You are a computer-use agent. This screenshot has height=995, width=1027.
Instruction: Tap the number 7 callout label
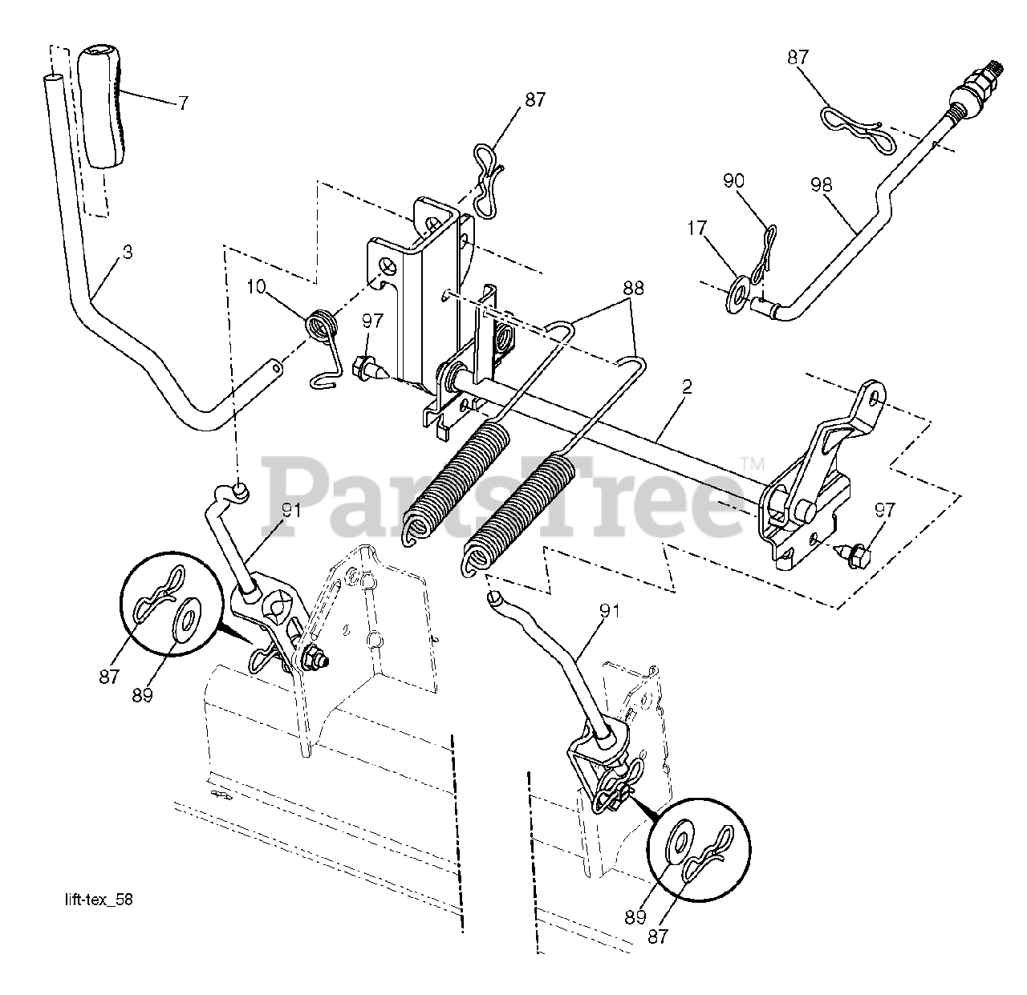tap(183, 103)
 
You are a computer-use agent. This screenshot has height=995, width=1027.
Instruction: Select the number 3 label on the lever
tap(127, 252)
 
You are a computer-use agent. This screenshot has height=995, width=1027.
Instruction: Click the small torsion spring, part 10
tap(323, 329)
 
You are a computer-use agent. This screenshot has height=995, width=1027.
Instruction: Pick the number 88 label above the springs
tap(632, 289)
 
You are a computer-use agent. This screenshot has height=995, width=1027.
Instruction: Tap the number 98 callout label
tap(820, 185)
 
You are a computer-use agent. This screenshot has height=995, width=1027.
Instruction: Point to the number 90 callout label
tap(734, 181)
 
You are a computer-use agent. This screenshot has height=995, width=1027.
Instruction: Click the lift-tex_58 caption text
tap(99, 900)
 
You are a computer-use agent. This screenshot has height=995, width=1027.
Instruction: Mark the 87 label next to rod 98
tap(798, 58)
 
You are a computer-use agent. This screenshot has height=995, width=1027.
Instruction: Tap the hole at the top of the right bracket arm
tap(875, 394)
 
